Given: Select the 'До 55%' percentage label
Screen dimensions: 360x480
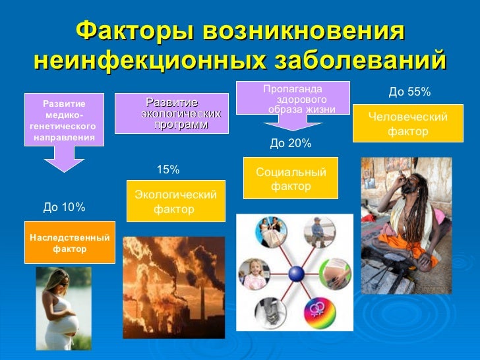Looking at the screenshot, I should [x=409, y=92].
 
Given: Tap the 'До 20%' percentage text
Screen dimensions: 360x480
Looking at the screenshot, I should [x=291, y=143].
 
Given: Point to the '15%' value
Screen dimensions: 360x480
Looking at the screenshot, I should [x=167, y=170].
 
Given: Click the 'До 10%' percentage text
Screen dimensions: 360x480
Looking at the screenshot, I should [x=64, y=208].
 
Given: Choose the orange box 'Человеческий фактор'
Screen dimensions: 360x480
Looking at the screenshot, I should [x=407, y=124].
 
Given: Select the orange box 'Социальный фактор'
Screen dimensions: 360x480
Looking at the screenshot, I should [x=291, y=179].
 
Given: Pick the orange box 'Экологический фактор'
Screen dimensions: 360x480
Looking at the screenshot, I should [x=175, y=202].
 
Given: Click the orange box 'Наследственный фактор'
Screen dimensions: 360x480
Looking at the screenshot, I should [x=69, y=243].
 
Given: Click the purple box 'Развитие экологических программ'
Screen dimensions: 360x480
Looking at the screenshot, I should [x=171, y=113].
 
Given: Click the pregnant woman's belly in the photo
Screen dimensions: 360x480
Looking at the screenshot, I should [x=67, y=324].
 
